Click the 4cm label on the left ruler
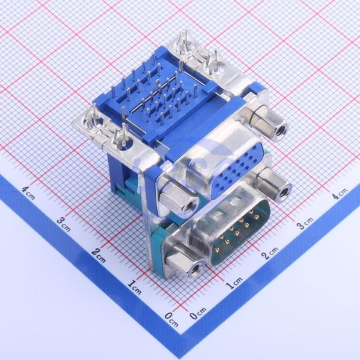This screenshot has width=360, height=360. [28, 193]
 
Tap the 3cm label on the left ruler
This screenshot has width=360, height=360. [63, 224]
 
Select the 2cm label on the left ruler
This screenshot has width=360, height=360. [99, 255]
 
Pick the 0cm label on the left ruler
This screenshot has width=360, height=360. [171, 319]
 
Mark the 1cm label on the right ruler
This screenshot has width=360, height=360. [234, 282]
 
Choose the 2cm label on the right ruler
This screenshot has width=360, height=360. [270, 252]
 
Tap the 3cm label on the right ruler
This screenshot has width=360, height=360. [305, 222]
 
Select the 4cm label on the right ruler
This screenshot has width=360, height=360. [340, 193]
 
